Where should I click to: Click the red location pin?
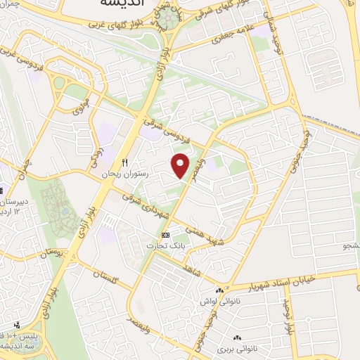pos(181,165)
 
